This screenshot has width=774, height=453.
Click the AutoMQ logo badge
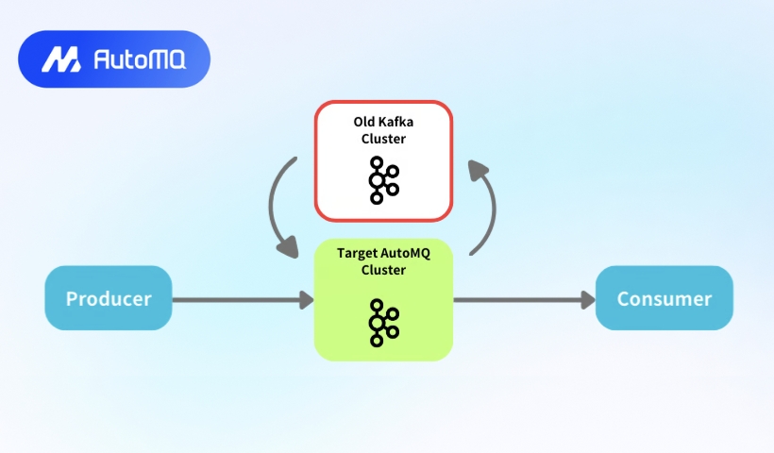coord(113,59)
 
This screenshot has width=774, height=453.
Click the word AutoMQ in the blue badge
coord(139,59)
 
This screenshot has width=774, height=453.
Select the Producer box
coord(109,298)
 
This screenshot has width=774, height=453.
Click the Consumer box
coord(664,298)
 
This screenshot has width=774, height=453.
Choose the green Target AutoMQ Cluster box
coord(383,300)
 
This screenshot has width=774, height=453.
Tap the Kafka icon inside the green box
coord(384,322)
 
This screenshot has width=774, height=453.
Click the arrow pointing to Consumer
coord(524,300)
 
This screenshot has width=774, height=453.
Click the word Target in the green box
coord(359,253)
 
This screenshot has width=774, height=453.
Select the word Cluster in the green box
coord(383,269)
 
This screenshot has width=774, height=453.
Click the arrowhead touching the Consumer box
coord(587,300)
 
